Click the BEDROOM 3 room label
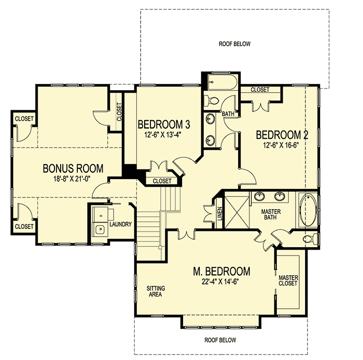coord(163,125)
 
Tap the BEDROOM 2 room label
coord(283,135)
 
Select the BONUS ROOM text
coord(73,168)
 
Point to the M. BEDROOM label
coord(221,271)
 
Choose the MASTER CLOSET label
coord(288,280)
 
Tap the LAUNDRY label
coord(121,224)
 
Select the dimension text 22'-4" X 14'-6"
coord(221,282)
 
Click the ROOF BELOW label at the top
coord(234,44)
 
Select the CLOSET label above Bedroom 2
coord(260,90)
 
